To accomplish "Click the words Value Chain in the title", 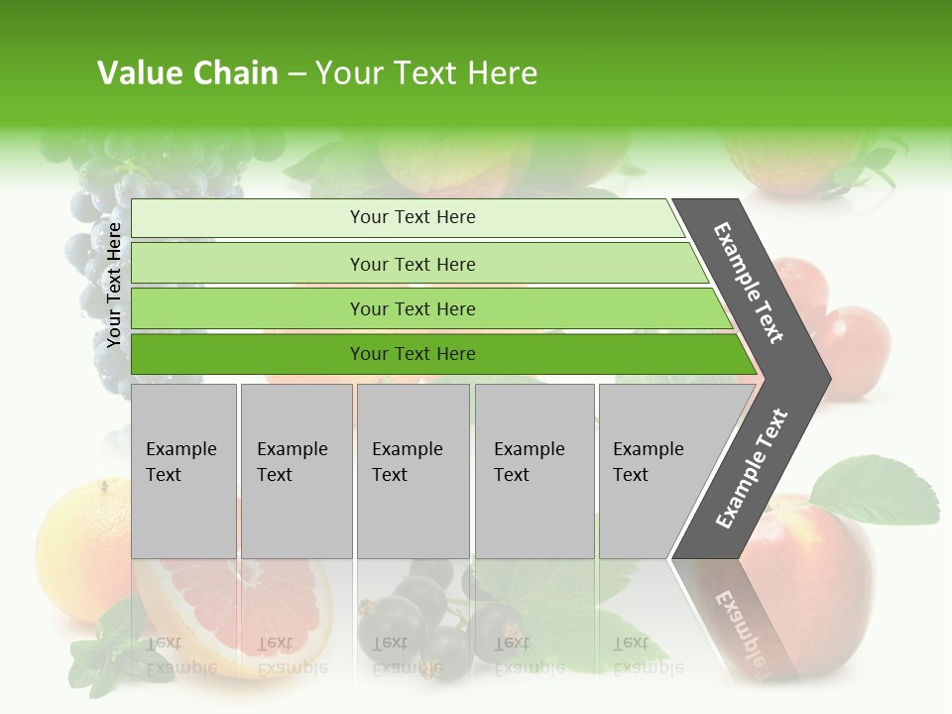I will point(187,73).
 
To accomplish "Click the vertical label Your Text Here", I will point(115,285).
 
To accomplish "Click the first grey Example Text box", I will point(183,471).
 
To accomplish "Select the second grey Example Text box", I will point(296,471).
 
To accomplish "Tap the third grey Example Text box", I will point(413,471).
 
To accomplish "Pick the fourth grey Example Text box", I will point(534,471).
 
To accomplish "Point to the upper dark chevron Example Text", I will point(750,284).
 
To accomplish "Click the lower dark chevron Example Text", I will point(751,468).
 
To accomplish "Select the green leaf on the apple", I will point(877,490).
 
